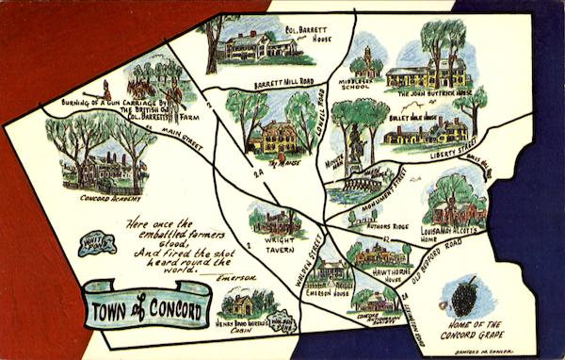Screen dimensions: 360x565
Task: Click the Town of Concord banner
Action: coord(146,303)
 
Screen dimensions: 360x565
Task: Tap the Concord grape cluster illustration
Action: coord(464,296)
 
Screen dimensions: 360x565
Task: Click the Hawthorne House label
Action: coord(391,273)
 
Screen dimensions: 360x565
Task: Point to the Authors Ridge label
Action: coord(388,226)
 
